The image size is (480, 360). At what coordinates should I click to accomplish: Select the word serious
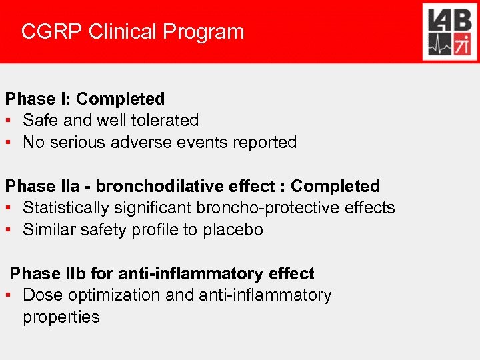click(x=81, y=143)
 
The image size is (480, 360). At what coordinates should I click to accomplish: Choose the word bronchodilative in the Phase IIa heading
click(x=151, y=187)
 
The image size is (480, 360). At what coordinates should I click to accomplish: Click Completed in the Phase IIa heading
click(x=335, y=187)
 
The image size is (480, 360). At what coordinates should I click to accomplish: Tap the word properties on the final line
click(x=61, y=317)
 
